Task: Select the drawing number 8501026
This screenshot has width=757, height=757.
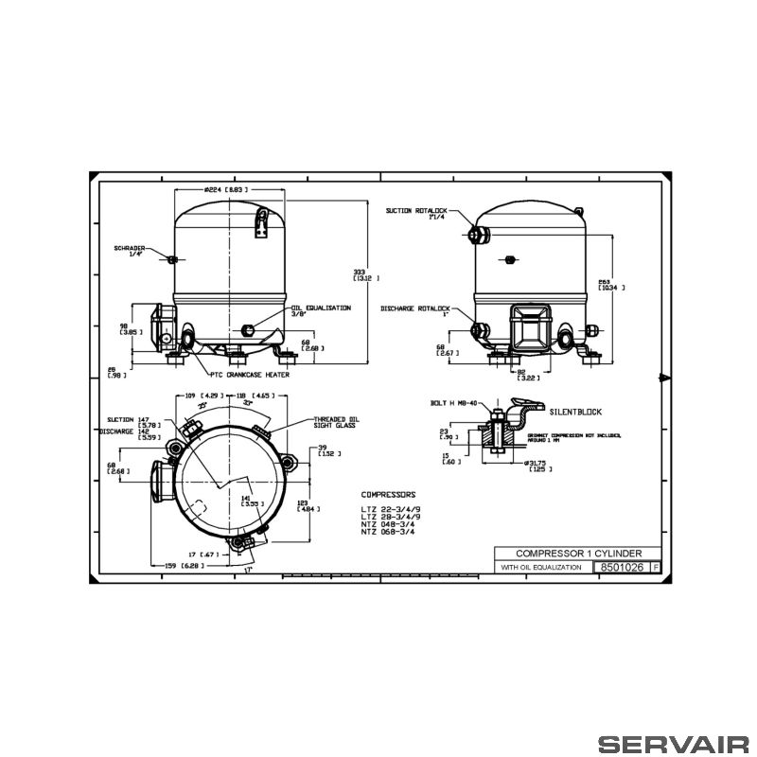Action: coord(622,567)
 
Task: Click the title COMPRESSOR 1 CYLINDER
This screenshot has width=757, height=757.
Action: coord(579,553)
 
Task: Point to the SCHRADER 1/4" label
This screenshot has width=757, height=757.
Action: coord(129,252)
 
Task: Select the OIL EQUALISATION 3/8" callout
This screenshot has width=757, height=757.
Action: coord(321,312)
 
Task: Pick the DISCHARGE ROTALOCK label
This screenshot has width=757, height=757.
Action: coord(415,309)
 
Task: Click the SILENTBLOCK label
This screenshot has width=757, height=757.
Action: coord(574,413)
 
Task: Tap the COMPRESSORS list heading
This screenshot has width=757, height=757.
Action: coord(388,495)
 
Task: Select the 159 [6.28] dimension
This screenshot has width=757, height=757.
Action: coord(181,567)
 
